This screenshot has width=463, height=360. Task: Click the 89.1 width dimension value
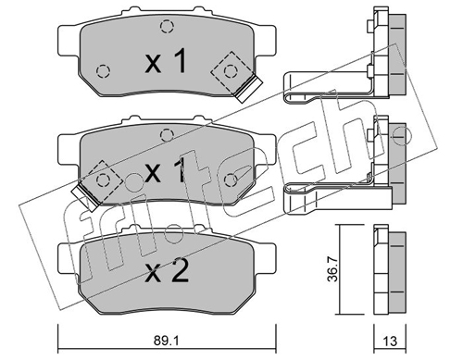[167, 341]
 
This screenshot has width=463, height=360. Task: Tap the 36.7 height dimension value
[332, 270]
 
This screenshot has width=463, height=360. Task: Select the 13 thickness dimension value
[390, 341]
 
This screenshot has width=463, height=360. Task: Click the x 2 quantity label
[167, 272]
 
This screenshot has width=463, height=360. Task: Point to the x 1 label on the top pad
[166, 60]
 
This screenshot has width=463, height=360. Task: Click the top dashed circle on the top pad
[167, 26]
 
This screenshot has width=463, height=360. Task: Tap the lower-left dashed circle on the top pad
[103, 71]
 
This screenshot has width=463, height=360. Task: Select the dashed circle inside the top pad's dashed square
[231, 71]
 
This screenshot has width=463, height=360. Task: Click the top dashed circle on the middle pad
[167, 135]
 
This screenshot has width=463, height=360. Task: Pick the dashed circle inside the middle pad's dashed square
[103, 180]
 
